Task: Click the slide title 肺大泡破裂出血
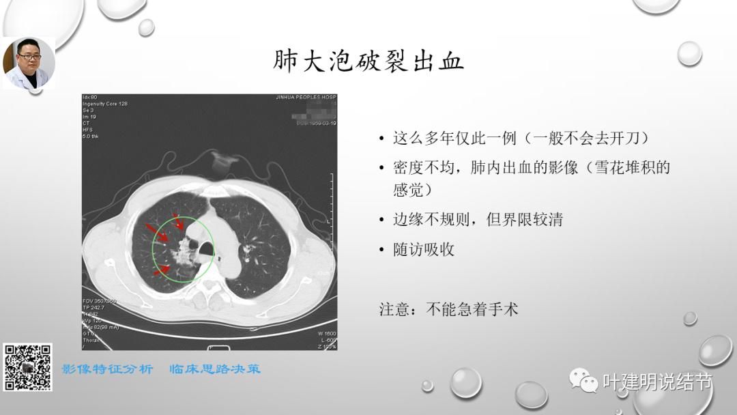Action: (368, 61)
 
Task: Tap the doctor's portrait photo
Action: (29, 63)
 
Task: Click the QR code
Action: (28, 367)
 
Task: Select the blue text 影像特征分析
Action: (108, 369)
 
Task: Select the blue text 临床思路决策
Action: (215, 369)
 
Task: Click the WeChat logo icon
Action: (584, 381)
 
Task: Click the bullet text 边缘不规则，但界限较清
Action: (478, 220)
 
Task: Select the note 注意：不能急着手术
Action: (449, 309)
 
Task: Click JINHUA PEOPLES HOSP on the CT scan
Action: (306, 98)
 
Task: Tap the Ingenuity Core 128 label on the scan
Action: (105, 104)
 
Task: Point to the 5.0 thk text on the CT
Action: (91, 136)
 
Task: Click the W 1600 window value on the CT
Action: (326, 333)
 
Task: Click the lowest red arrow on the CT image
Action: (161, 270)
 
